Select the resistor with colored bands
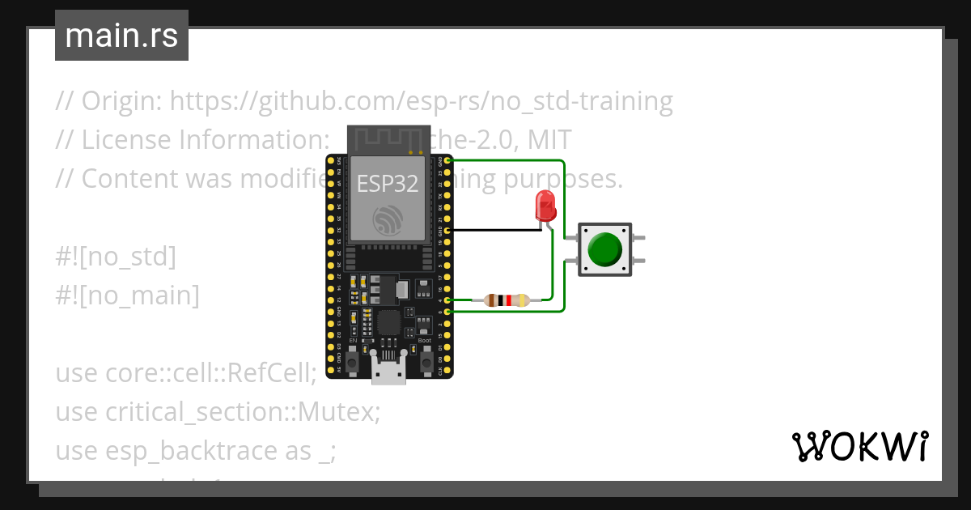click(x=506, y=300)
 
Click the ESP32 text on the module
click(x=388, y=183)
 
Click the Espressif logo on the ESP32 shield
click(x=388, y=220)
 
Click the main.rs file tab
click(x=121, y=36)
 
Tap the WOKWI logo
click(x=859, y=446)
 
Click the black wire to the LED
click(x=494, y=230)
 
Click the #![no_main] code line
click(x=127, y=295)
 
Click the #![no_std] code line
click(x=116, y=257)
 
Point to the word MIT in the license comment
click(x=549, y=140)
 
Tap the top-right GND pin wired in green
click(x=447, y=161)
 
